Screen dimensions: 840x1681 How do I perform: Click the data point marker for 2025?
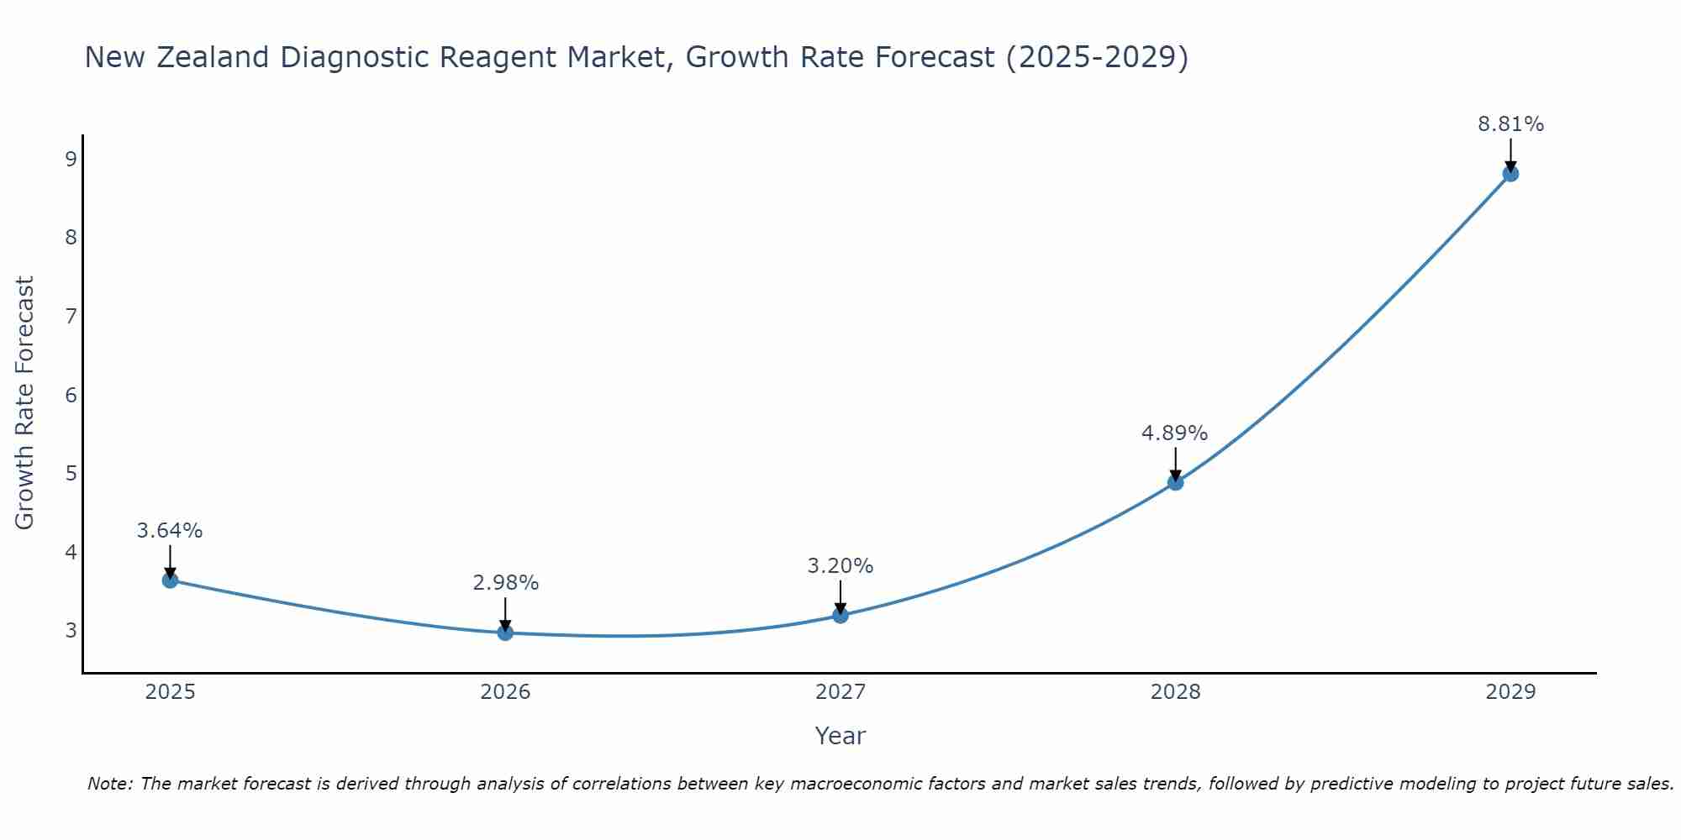tap(170, 580)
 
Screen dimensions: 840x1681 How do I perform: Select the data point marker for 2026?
tap(505, 633)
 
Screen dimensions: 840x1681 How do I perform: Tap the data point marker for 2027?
tap(840, 615)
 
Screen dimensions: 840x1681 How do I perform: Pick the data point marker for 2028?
tap(1175, 482)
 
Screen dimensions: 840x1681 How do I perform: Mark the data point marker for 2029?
tap(1510, 174)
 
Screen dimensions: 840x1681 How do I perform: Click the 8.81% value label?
tap(1510, 124)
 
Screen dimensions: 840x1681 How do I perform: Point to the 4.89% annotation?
tap(1174, 433)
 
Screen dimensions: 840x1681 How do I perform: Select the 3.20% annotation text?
tap(840, 566)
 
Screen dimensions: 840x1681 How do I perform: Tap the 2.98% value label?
tap(505, 583)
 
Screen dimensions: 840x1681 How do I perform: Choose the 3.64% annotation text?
tap(170, 531)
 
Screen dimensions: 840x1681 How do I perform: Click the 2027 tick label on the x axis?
tap(840, 692)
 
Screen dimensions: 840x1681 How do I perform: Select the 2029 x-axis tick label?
tap(1510, 692)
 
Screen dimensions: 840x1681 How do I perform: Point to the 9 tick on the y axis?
tap(71, 159)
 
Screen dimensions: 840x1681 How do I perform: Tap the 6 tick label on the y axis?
tap(71, 395)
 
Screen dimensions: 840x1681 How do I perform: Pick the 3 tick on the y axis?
tap(71, 630)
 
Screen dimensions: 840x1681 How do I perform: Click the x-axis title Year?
tap(840, 736)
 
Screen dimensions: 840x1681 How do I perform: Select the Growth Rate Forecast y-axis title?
tap(25, 403)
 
